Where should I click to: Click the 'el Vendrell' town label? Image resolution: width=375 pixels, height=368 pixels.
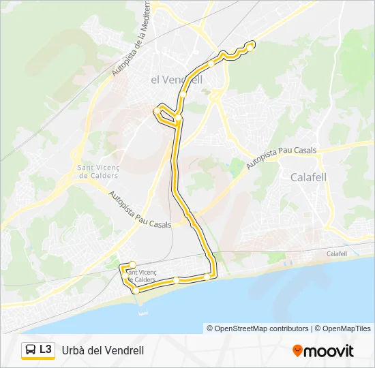click(x=177, y=79)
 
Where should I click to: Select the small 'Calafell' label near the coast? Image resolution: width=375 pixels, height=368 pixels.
click(x=337, y=254)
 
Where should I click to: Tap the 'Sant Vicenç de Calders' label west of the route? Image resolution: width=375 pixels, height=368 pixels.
click(x=97, y=172)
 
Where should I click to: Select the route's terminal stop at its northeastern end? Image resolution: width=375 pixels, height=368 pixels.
click(x=251, y=46)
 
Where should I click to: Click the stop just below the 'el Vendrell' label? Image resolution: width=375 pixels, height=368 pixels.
click(x=183, y=95)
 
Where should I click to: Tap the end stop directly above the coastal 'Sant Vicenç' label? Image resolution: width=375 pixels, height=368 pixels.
click(x=132, y=264)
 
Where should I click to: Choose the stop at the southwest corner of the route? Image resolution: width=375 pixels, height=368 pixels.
click(x=136, y=290)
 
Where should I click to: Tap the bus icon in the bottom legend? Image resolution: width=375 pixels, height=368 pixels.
click(x=30, y=350)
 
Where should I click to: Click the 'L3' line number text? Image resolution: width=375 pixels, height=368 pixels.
click(x=46, y=350)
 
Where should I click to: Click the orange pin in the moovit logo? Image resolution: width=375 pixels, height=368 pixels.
click(x=297, y=351)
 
